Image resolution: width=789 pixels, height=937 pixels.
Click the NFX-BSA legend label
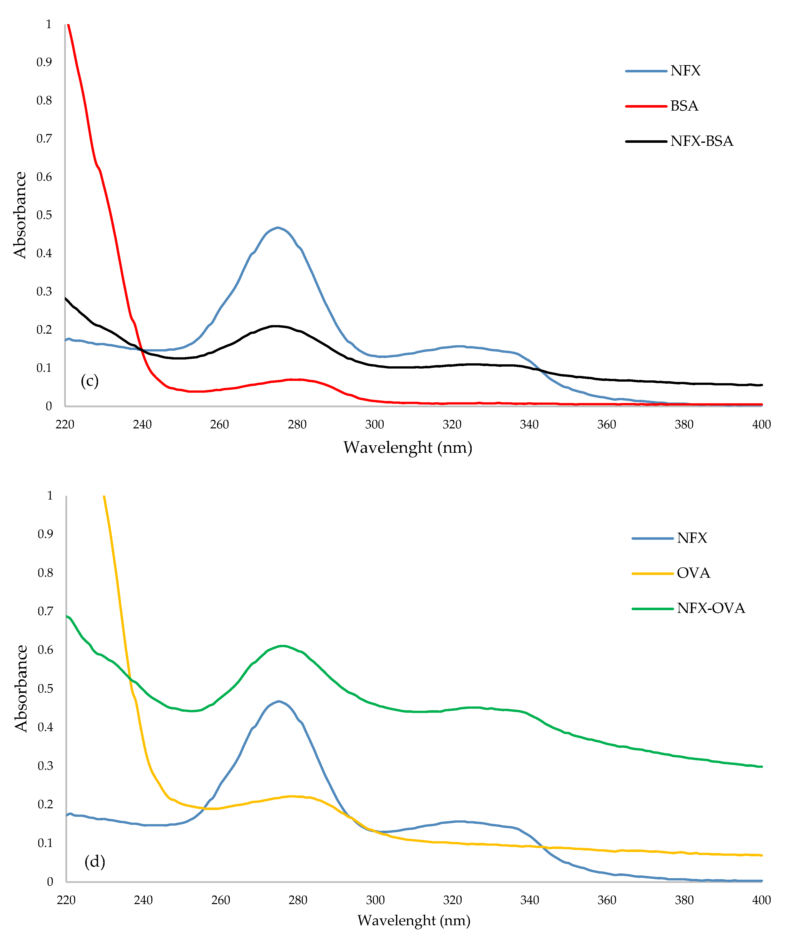click(701, 141)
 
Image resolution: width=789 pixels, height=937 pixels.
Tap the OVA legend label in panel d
click(693, 573)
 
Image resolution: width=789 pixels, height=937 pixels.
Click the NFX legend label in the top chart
click(685, 71)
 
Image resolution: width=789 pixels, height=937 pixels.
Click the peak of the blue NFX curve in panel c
click(278, 228)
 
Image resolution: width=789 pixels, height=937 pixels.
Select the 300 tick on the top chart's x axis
click(374, 424)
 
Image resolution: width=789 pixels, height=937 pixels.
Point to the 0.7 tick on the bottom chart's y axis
click(45, 611)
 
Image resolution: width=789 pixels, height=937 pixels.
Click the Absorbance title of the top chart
click(20, 215)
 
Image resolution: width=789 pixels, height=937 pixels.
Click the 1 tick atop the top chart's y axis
click(49, 24)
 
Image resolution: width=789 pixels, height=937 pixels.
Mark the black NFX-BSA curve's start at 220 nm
click(66, 298)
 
